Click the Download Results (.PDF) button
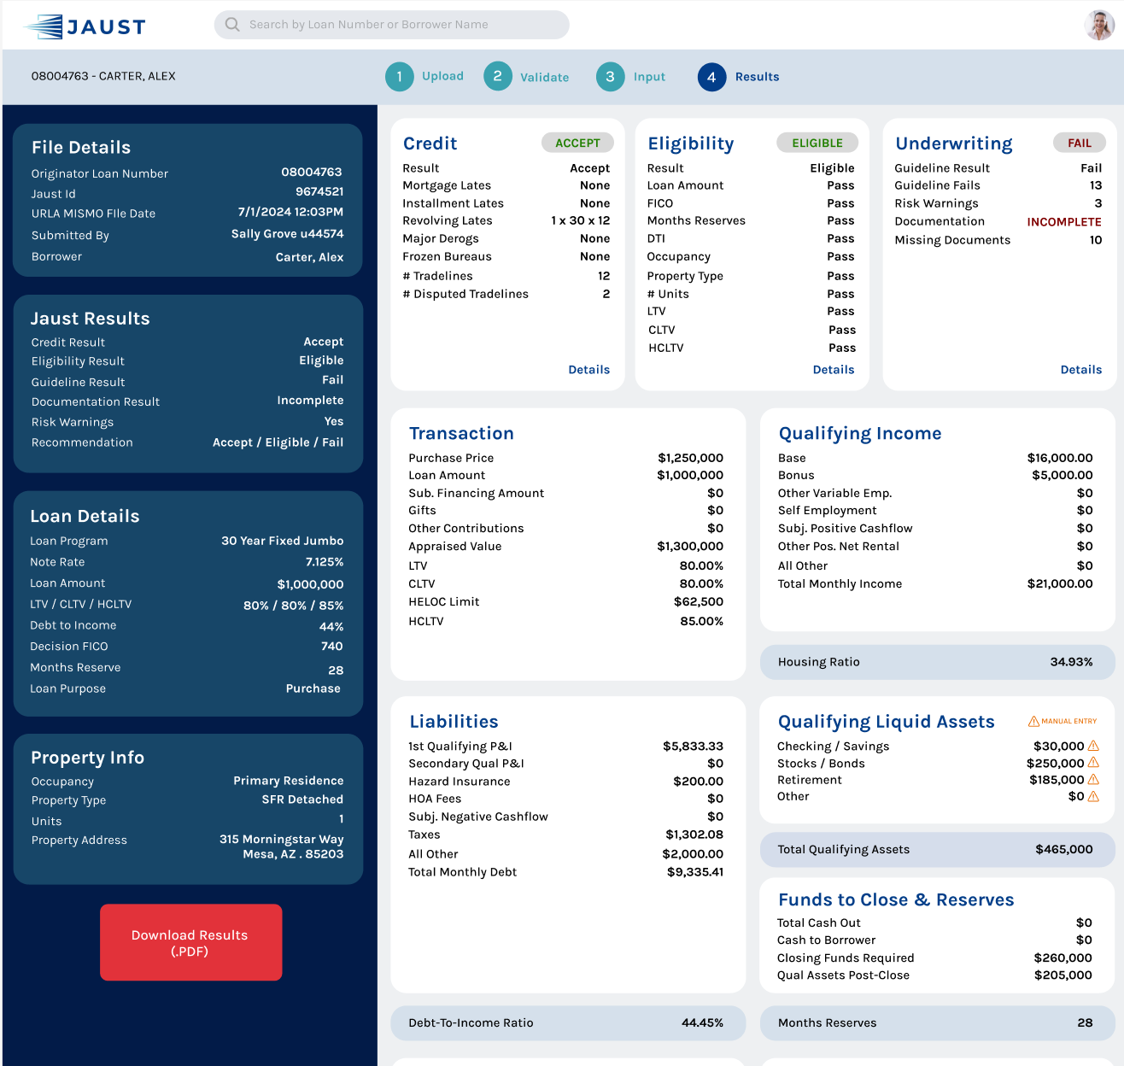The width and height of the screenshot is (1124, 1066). click(190, 942)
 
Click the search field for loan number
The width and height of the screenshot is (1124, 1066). click(391, 25)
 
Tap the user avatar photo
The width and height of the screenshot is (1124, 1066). click(1099, 25)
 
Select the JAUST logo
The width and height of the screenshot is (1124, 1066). click(86, 26)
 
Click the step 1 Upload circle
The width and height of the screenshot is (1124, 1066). click(399, 77)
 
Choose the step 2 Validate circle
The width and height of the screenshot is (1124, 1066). click(498, 77)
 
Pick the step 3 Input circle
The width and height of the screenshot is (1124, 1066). click(610, 77)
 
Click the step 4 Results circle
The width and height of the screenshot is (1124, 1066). click(711, 77)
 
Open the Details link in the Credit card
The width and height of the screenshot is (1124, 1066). click(588, 370)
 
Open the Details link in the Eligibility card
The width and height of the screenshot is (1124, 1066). click(833, 370)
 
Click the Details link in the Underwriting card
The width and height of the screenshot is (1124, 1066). click(1080, 370)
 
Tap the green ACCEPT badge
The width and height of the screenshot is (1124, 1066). click(577, 143)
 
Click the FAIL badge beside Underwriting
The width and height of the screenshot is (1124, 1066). click(1079, 143)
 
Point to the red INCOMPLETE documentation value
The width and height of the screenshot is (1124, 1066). click(1063, 222)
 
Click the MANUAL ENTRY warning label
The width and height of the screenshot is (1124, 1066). click(1063, 721)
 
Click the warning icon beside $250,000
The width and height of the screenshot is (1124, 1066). click(1093, 763)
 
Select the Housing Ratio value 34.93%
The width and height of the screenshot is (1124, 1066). click(1071, 662)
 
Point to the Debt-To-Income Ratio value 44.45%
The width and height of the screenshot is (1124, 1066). click(702, 1022)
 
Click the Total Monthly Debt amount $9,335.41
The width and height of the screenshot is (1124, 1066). click(694, 872)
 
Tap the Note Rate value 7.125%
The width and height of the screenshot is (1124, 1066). click(325, 562)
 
